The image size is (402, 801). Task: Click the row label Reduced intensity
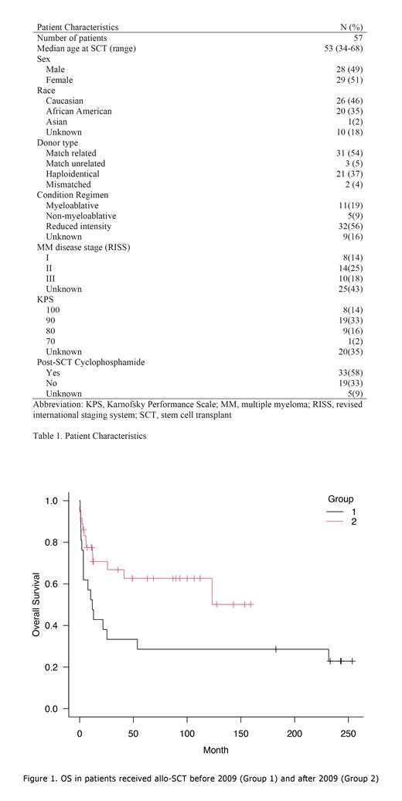(78, 227)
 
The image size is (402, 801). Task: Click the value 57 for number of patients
(357, 38)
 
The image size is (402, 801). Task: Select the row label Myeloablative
(72, 206)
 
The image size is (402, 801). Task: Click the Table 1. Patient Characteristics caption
(90, 436)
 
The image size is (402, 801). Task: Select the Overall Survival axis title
(36, 604)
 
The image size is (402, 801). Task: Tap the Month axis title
(215, 750)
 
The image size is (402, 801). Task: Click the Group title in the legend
(340, 499)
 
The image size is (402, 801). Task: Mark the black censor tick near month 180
(276, 649)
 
